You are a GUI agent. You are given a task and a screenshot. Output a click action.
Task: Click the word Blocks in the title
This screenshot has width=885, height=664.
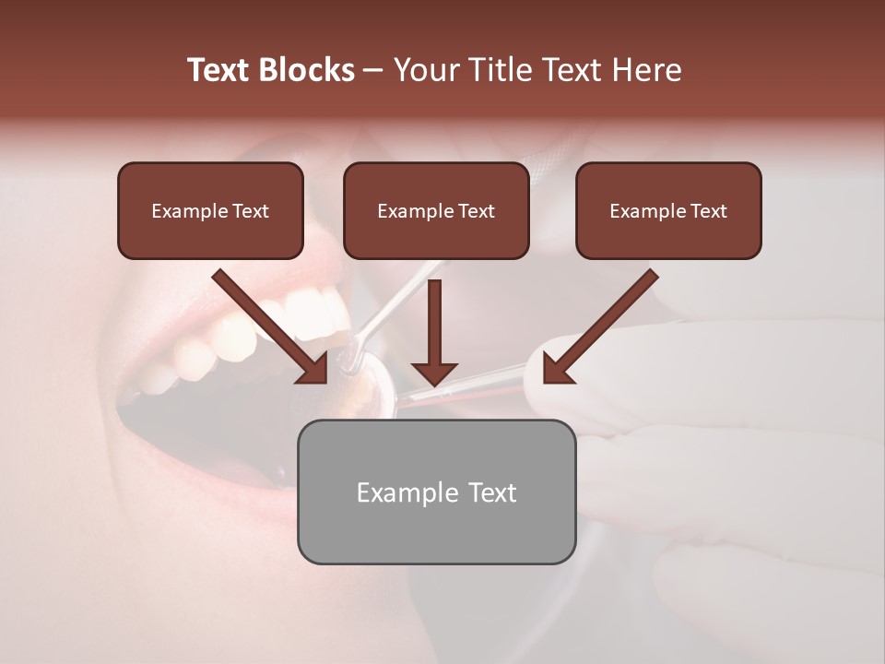coord(309,70)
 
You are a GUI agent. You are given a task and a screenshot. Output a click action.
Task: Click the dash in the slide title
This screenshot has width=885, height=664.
coord(373,71)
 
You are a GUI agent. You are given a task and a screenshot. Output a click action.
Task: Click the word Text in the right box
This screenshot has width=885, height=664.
coord(708,211)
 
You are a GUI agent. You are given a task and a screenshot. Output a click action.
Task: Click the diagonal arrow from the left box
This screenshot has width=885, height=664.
coord(271,326)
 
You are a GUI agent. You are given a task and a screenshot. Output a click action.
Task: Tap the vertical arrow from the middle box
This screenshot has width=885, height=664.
coord(434,332)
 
